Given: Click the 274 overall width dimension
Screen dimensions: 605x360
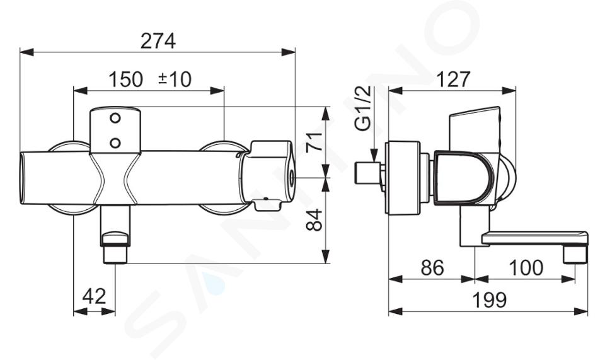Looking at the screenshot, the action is (x=158, y=41).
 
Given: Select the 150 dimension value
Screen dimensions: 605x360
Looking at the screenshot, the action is (x=126, y=79).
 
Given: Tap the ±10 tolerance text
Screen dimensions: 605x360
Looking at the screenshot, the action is (x=175, y=79).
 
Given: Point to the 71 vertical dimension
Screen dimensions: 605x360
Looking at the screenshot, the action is (x=314, y=142).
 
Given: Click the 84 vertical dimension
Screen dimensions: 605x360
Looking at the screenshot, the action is (x=314, y=220).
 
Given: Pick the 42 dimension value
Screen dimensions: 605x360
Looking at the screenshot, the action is (x=95, y=296).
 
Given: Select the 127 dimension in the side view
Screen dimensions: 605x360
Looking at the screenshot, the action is (x=453, y=79).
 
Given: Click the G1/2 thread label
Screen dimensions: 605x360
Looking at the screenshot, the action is (x=364, y=108).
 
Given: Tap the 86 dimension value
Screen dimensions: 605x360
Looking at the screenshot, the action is (x=432, y=267).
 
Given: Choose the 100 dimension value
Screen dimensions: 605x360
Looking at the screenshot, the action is (x=526, y=267).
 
